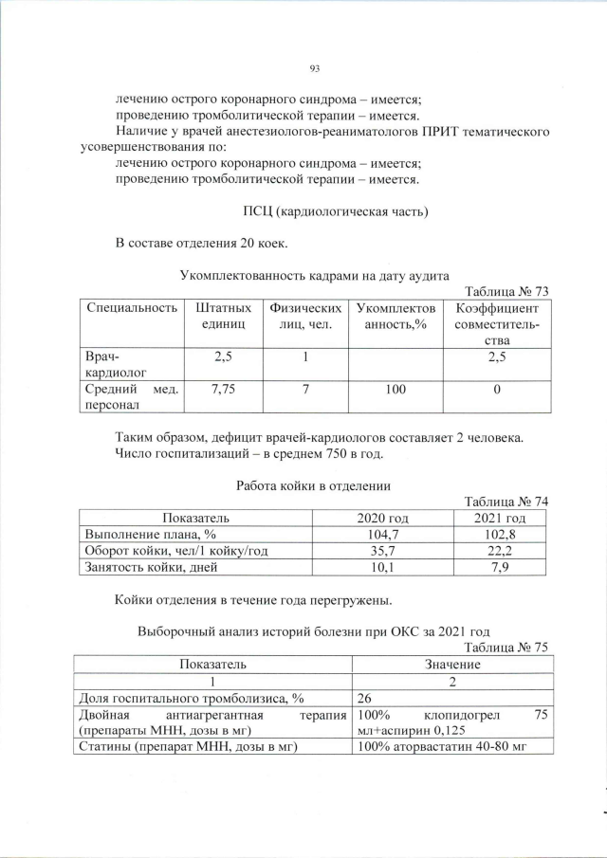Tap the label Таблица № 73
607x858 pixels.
(x=504, y=291)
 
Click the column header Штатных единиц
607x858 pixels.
(x=224, y=317)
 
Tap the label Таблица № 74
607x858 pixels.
(x=504, y=502)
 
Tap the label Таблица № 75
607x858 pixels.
(x=504, y=648)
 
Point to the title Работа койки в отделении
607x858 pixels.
(x=314, y=485)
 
